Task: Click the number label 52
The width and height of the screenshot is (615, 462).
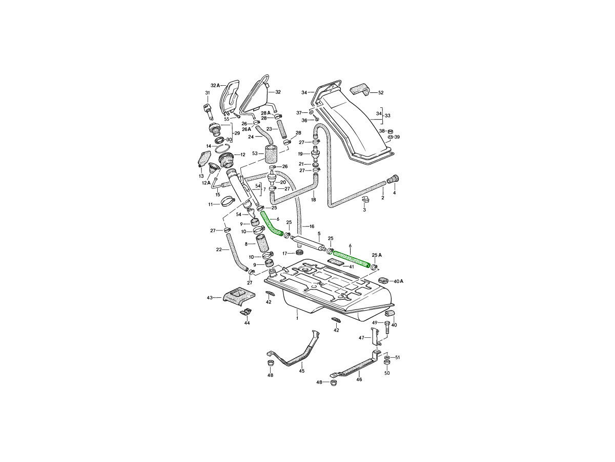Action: pos(381,92)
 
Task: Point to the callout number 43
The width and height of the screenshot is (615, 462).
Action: pos(210,297)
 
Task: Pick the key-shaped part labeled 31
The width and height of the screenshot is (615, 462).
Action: pos(208,111)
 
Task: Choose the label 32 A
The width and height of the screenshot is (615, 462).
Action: pos(215,85)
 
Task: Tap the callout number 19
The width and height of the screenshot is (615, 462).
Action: pos(300,153)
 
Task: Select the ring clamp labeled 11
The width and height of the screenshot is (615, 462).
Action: pos(228,202)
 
